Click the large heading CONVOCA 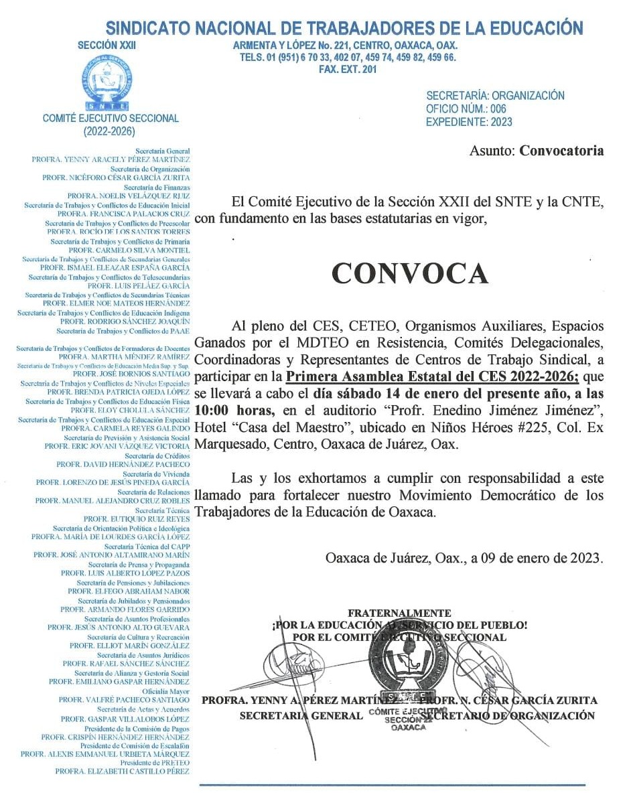(x=410, y=273)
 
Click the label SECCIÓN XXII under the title (x=107, y=46)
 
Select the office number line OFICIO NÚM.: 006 (x=466, y=109)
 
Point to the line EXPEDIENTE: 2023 (x=469, y=122)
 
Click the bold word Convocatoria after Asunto (x=561, y=151)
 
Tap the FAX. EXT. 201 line (x=348, y=69)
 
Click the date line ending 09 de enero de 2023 (x=464, y=557)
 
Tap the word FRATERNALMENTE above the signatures (x=399, y=613)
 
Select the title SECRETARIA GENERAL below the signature (x=301, y=715)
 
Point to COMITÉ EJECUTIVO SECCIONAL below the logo (x=111, y=118)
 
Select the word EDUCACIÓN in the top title (x=532, y=28)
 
